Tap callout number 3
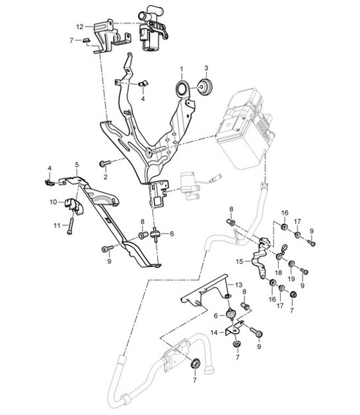(205, 68)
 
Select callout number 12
(80, 27)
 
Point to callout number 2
(104, 177)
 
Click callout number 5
(77, 165)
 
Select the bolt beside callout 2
(104, 163)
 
